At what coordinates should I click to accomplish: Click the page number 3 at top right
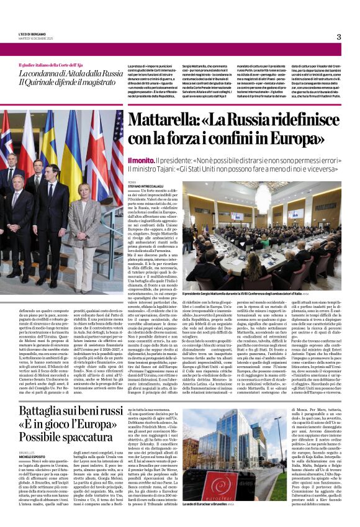[x=339, y=37]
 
